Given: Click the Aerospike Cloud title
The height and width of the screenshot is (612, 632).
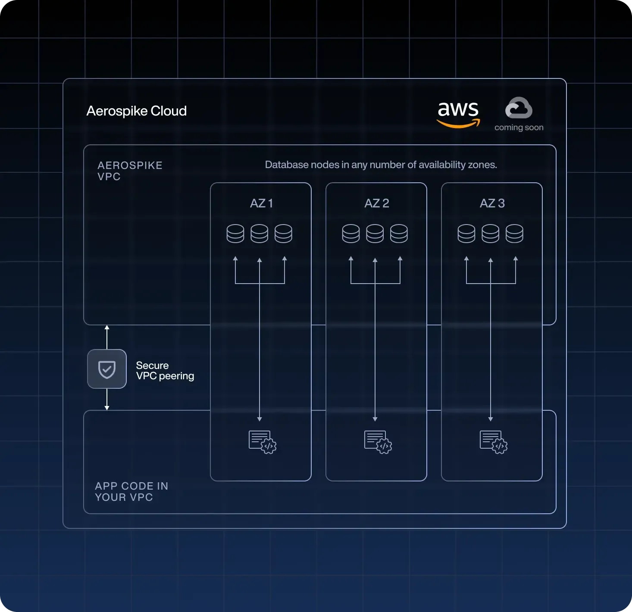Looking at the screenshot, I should point(136,111).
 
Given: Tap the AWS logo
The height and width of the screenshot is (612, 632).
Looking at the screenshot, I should point(458,114).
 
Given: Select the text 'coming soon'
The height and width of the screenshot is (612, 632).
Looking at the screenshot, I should point(519,128).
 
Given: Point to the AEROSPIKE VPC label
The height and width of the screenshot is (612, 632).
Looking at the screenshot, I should point(130,171).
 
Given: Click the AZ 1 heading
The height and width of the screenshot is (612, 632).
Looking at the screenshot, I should point(261,203).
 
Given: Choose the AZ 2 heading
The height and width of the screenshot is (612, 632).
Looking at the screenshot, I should point(377,203).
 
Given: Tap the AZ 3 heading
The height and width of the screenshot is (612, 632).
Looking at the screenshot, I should point(492,203).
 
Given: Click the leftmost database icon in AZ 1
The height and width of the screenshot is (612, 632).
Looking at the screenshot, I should point(235,234).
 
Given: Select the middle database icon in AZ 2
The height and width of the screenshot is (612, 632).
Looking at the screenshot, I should point(375,234).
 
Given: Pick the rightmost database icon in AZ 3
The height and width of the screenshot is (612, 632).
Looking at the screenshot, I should point(514,234).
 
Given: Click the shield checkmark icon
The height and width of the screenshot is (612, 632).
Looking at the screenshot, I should point(107,369).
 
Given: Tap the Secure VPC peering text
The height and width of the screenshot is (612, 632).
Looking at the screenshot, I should point(165,371).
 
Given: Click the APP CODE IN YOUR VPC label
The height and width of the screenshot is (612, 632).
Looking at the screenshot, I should point(131,491).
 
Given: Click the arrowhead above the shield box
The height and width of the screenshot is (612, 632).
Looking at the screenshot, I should point(107,328).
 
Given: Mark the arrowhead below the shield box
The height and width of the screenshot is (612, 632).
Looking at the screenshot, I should point(107,407).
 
